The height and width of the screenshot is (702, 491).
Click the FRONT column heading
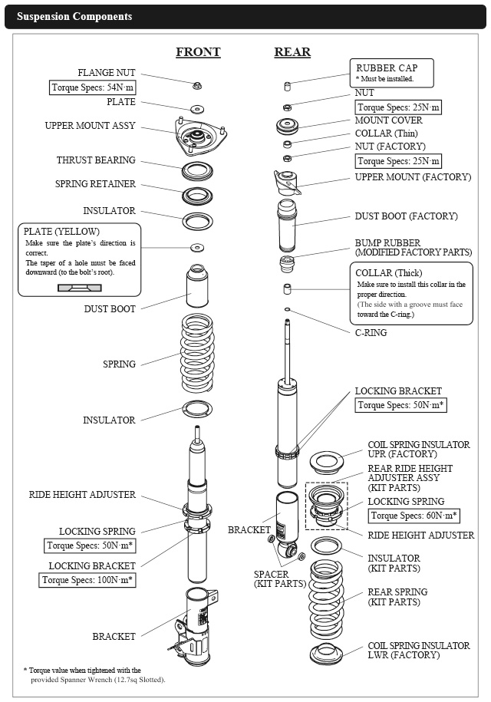[x=198, y=52]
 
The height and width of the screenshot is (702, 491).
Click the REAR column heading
[x=292, y=52]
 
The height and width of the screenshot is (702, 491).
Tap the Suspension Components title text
[x=74, y=16]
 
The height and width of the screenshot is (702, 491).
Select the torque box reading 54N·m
[x=93, y=87]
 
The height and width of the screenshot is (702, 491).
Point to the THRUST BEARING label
[x=96, y=160]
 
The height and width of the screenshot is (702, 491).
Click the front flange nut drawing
[x=197, y=84]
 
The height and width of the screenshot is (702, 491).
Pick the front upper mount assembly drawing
[x=197, y=138]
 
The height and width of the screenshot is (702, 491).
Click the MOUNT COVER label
[x=388, y=120]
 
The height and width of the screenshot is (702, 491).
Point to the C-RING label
[x=371, y=333]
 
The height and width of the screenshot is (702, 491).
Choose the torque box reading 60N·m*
[x=414, y=516]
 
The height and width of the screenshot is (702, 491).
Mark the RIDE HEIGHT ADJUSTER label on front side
[x=82, y=495]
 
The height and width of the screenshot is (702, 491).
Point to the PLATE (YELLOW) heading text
[x=61, y=231]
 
